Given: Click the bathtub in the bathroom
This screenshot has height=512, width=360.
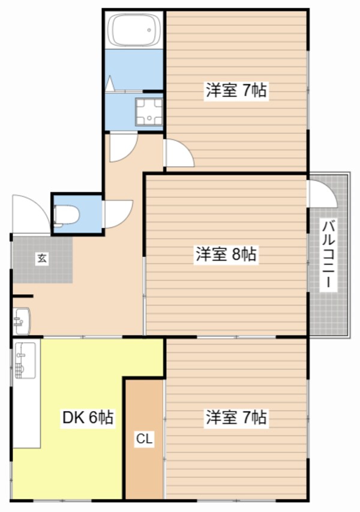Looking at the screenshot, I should point(134,29).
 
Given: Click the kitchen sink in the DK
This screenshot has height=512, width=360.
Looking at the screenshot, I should point(23,360).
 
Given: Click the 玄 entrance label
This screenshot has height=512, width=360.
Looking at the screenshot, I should point(42,259).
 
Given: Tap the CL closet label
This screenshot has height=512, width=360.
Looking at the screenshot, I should point(143,439).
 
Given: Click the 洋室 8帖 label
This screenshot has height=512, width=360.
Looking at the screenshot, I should point(226,254).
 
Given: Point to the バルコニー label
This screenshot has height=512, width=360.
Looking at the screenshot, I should point(328,255).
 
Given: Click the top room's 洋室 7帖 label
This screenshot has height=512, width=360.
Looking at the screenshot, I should point(236,91).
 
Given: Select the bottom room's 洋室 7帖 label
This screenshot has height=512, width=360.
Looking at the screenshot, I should point(236,417).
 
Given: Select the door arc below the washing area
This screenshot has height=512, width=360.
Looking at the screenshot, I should point(123,146).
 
